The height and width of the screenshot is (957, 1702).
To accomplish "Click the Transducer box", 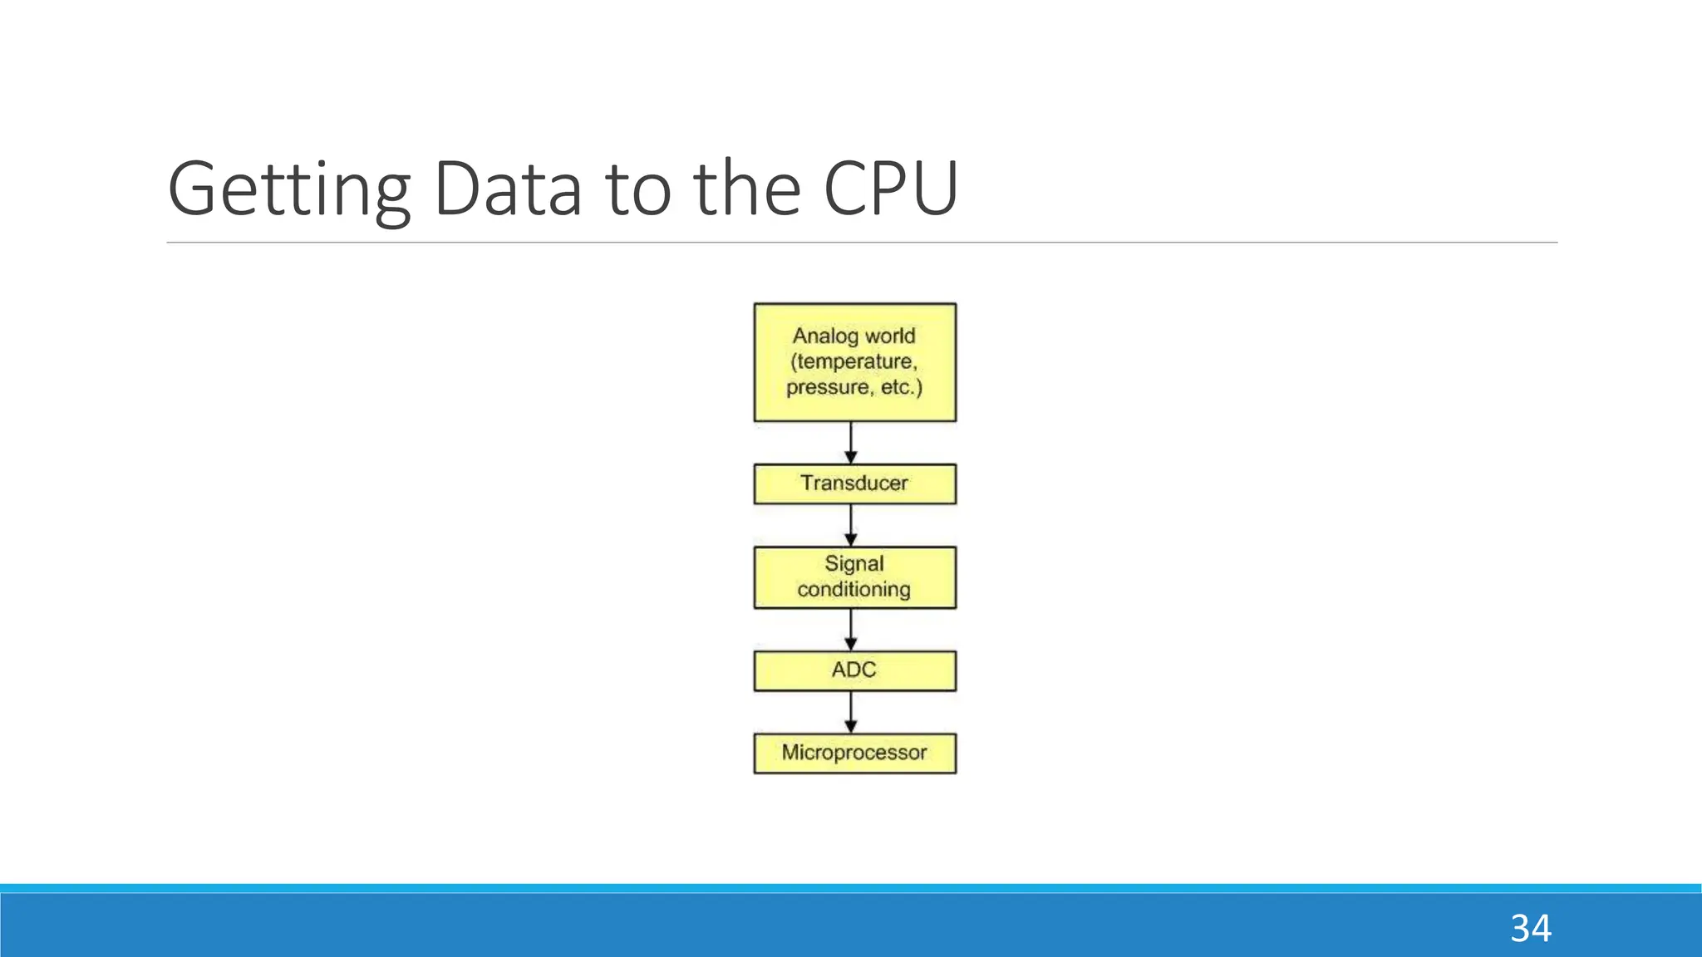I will (854, 483).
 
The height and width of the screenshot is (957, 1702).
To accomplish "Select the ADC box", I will (854, 670).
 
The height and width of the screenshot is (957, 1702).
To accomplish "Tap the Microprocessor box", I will (854, 753).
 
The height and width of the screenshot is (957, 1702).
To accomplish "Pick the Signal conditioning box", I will (854, 577).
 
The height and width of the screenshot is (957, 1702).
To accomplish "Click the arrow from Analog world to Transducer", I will (850, 443).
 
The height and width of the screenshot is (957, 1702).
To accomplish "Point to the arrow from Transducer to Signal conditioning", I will (850, 525).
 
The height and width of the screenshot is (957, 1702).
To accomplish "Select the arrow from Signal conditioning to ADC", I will (850, 630).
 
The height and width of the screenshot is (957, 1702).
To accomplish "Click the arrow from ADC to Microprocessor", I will (850, 712).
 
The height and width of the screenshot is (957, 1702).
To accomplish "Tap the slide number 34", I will (1530, 928).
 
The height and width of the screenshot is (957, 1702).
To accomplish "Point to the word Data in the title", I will (507, 189).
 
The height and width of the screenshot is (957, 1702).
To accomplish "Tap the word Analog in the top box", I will (825, 336).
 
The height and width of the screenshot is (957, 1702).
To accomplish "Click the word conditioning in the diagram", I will (854, 590).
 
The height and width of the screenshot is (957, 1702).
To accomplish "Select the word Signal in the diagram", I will (854, 564).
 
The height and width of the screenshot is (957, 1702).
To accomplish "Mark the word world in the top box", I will (890, 336).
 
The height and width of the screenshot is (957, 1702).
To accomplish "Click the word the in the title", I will (746, 189).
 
